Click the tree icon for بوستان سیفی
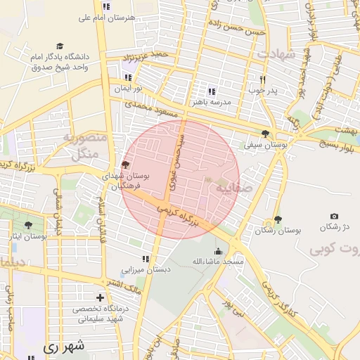click(x=265, y=134)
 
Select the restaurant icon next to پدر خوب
click(x=263, y=79)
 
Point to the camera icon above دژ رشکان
click(x=334, y=216)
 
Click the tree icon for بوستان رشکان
click(x=278, y=219)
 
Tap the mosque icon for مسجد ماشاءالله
click(x=218, y=251)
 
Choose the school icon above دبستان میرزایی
click(x=146, y=259)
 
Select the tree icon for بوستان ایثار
click(x=27, y=225)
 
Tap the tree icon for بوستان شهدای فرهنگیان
click(x=125, y=165)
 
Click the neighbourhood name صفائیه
click(x=232, y=189)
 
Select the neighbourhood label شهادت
click(x=276, y=54)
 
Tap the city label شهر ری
click(x=63, y=346)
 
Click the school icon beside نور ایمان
click(x=128, y=78)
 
